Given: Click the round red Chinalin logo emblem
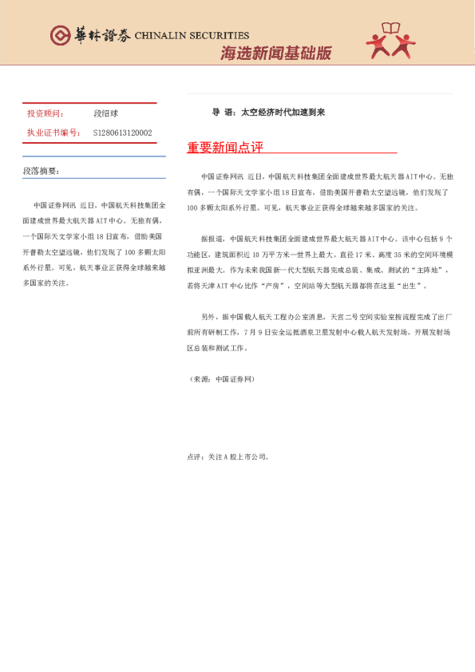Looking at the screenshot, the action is click(59, 35).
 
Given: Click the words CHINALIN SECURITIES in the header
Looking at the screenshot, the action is click(192, 36).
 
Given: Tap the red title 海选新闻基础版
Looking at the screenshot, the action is click(275, 53).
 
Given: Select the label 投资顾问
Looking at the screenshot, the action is click(45, 114).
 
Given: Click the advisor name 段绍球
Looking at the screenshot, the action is click(105, 114).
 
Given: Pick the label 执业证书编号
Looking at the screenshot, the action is click(53, 132).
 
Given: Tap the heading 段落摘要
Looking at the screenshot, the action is click(41, 171).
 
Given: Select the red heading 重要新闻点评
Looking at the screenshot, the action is click(224, 148).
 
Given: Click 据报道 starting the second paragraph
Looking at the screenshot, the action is click(212, 239).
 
